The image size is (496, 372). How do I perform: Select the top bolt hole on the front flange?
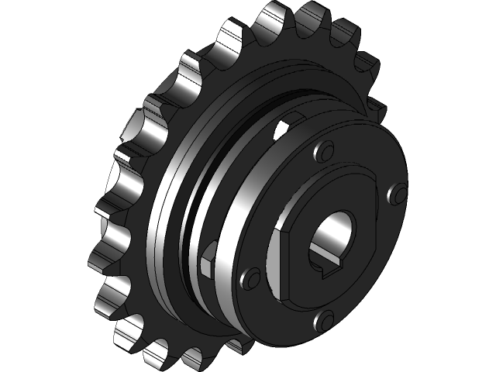(x=325, y=148)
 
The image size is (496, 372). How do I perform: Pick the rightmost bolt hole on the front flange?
(x=400, y=192)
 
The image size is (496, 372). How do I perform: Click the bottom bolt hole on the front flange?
(x=326, y=317)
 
